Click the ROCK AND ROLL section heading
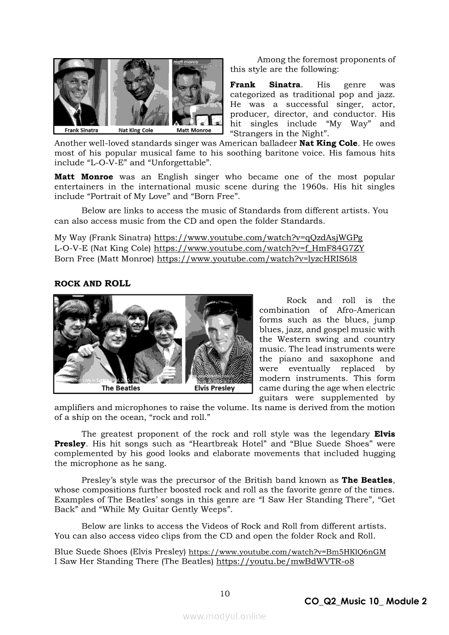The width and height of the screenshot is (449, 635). coord(92,284)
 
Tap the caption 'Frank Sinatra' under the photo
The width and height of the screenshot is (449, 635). coord(82,130)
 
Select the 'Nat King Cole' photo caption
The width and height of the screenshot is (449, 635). coord(136,130)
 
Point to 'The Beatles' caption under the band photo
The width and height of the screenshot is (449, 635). coord(121,388)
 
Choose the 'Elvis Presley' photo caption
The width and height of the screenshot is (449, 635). coord(214,388)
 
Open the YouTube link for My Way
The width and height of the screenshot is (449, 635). coord(258,238)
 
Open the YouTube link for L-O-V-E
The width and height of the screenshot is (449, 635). coord(259,248)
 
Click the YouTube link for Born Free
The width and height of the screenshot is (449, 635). coord(257,259)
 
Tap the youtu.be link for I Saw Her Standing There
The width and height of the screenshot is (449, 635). coord(285,562)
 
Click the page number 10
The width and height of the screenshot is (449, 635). coord(224,593)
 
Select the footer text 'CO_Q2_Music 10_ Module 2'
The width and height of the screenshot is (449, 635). coord(365,601)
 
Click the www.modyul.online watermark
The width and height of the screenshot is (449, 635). coord(224,616)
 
